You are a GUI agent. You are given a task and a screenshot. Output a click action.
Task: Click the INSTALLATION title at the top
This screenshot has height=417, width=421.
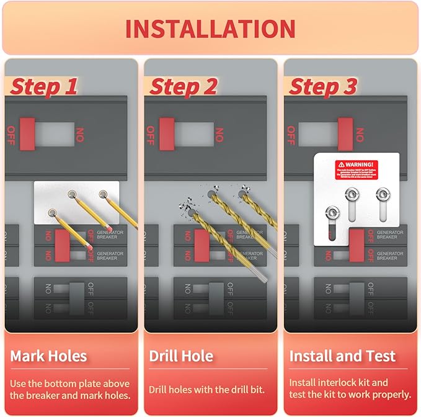[x=210, y=29]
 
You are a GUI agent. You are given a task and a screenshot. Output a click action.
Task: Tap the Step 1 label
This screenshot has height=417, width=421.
[x=43, y=87]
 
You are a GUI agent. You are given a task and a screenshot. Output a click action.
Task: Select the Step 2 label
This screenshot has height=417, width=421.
[x=183, y=87]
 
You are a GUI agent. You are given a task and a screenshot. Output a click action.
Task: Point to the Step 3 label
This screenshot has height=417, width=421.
[x=323, y=87]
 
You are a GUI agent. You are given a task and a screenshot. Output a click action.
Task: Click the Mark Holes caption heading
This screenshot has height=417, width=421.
[x=48, y=356]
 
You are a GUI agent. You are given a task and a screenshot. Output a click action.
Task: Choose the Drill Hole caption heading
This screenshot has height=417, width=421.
[x=181, y=356]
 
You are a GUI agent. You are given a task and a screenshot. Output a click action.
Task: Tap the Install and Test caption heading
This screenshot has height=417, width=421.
[x=342, y=356]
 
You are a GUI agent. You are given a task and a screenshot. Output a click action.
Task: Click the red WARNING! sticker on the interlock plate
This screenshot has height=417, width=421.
[x=357, y=168]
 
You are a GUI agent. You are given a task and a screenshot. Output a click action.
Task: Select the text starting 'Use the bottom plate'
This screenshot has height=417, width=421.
[x=69, y=388]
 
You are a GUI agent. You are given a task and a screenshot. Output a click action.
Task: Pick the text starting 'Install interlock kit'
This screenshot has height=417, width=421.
[x=350, y=388]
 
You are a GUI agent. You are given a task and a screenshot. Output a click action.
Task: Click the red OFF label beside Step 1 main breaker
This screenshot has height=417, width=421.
[x=11, y=134]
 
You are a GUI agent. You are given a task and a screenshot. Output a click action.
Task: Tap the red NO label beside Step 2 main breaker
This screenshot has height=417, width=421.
[x=218, y=134]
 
